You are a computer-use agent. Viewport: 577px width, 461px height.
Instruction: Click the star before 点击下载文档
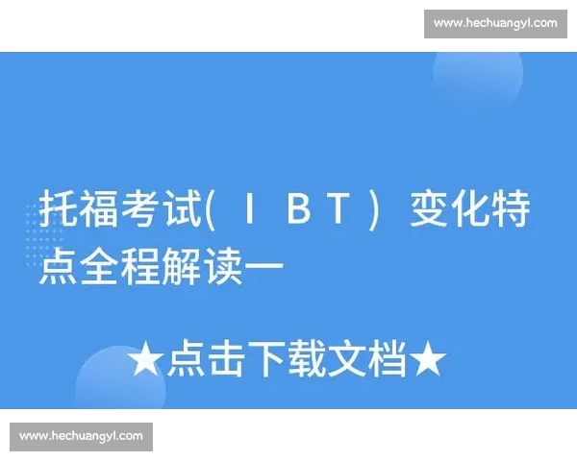tap(145, 360)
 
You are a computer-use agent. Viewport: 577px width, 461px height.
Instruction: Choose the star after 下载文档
tap(428, 360)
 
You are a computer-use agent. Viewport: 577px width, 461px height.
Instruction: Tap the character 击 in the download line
tap(225, 360)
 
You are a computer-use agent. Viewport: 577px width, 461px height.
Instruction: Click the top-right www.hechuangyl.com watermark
tap(495, 22)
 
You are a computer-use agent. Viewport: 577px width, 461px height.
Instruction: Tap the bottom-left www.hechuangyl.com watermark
tap(82, 436)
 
